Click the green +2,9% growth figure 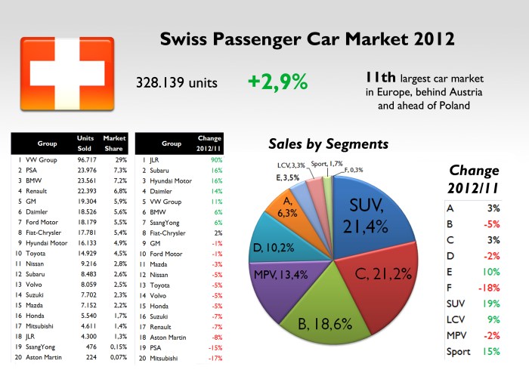[x=277, y=82]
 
